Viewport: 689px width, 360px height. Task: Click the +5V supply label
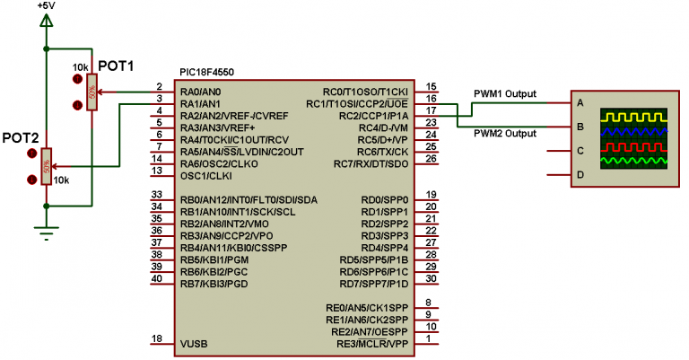tap(46, 5)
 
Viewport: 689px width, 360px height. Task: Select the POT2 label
tap(21, 137)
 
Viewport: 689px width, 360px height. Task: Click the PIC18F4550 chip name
tap(207, 73)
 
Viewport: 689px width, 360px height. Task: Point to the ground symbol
tap(46, 234)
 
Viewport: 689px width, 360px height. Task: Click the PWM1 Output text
tap(505, 92)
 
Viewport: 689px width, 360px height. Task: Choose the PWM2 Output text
tap(505, 135)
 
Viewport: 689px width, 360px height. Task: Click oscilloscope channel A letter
tap(580, 102)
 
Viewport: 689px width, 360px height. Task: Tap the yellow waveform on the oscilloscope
tap(632, 117)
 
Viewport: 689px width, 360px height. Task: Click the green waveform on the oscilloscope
tap(632, 161)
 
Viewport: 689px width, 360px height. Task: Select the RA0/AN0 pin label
tap(200, 92)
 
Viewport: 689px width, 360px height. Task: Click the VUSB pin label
tap(194, 343)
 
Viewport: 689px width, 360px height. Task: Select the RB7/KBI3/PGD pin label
tap(214, 284)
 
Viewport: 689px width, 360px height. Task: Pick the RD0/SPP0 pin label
tap(385, 199)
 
